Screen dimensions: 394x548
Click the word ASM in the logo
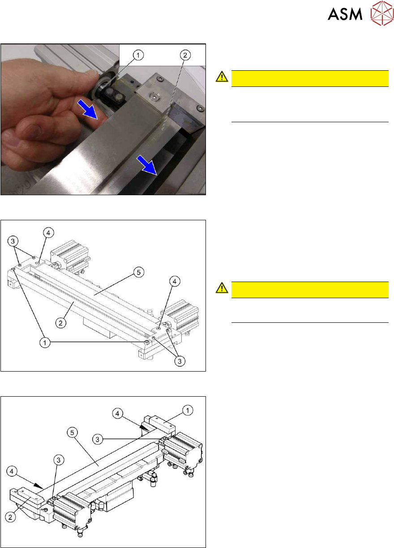click(345, 14)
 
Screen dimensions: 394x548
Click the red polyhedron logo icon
click(382, 13)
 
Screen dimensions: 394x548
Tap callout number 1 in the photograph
click(138, 55)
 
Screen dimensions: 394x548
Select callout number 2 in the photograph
click(185, 55)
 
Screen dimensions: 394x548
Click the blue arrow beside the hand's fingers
click(88, 109)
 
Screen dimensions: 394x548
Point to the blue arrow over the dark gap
click(147, 166)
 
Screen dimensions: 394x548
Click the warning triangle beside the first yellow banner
click(222, 77)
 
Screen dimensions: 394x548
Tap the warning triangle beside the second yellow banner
click(222, 288)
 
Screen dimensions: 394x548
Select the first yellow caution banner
click(310, 78)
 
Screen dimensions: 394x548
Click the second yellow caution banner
click(310, 290)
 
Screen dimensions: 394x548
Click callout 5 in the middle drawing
click(139, 272)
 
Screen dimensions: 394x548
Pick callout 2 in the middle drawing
click(61, 323)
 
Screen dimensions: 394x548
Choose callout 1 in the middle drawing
click(45, 343)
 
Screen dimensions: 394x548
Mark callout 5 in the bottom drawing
click(72, 432)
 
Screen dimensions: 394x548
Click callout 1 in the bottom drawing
click(188, 410)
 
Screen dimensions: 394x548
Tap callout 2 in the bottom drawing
click(10, 517)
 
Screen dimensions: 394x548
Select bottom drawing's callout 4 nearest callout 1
click(117, 413)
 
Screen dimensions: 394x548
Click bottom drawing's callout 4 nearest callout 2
click(12, 471)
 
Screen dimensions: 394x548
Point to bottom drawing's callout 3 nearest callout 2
click(59, 460)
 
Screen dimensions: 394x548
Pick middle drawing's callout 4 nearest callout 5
click(175, 281)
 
